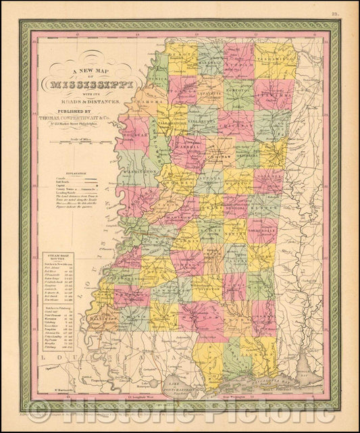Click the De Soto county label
pyautogui.click(x=181, y=53)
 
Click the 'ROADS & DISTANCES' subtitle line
pyautogui.click(x=94, y=101)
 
